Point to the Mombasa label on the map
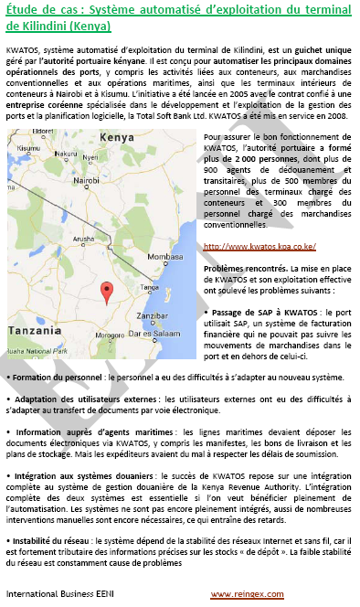(x=166, y=258)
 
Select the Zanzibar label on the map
(x=153, y=315)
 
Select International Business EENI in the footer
(x=53, y=595)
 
